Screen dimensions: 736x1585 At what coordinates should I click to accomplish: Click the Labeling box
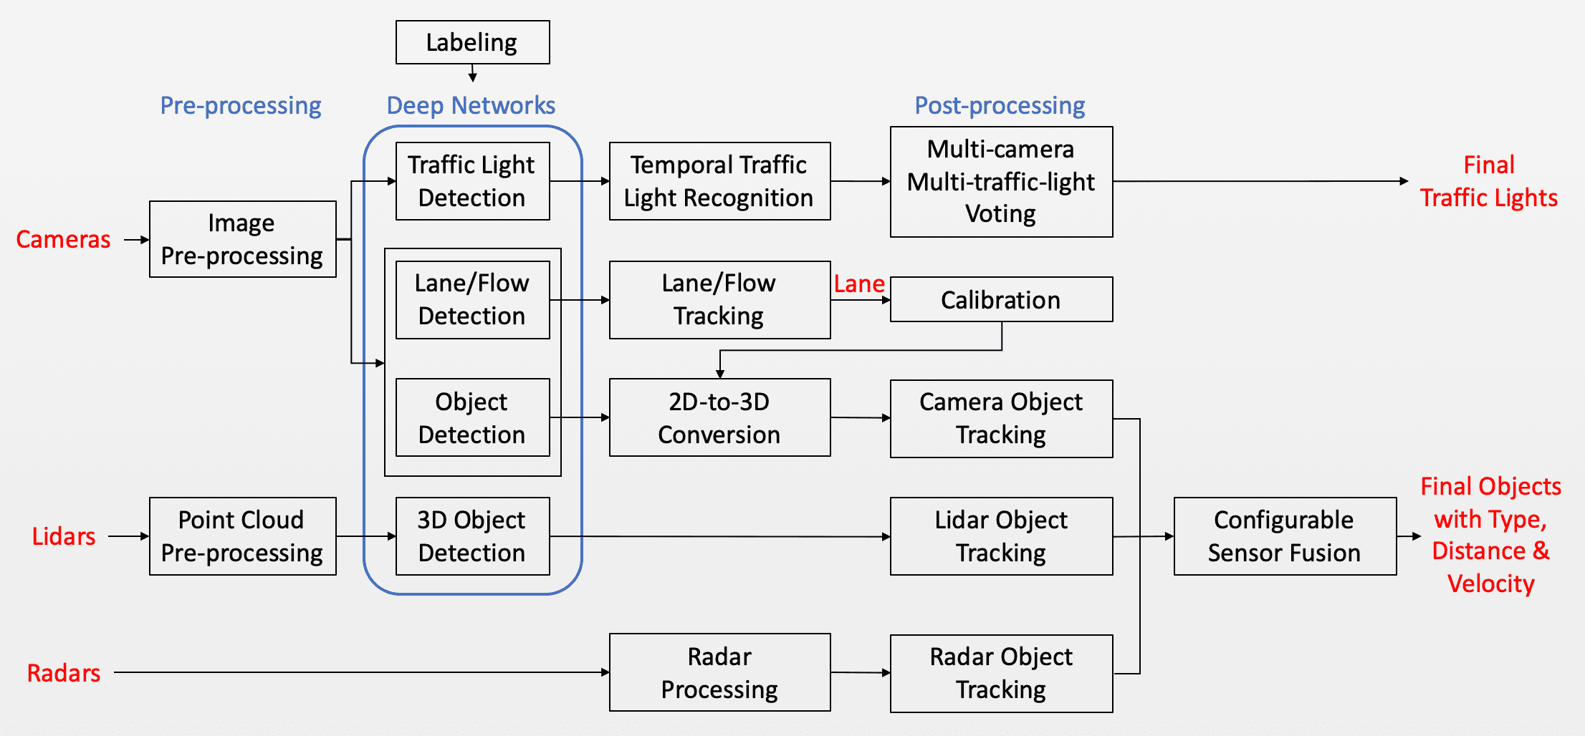[472, 42]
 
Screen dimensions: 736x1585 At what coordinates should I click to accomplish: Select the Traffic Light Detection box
[472, 181]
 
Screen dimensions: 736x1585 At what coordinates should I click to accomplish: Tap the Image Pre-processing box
[242, 239]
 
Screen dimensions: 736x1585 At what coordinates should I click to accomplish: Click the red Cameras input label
[63, 239]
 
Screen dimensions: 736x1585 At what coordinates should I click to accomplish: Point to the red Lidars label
[64, 536]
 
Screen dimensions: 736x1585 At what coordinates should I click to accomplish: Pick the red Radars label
[64, 673]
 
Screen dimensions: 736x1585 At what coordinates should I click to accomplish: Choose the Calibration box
[1001, 300]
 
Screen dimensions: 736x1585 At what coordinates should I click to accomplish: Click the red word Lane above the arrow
[858, 284]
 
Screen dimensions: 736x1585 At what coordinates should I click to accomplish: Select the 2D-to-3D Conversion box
[719, 417]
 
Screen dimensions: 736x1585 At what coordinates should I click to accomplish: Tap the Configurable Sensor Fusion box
[1285, 536]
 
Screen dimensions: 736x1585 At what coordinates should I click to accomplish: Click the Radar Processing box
[719, 672]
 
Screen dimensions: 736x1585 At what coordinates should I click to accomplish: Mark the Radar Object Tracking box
[1001, 673]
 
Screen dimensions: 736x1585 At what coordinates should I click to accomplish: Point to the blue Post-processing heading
[1000, 105]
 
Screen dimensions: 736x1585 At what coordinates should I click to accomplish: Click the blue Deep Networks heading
[471, 105]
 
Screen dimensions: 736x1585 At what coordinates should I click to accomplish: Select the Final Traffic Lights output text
[1488, 181]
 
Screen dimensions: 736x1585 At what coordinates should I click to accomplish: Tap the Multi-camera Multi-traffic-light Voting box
[1001, 182]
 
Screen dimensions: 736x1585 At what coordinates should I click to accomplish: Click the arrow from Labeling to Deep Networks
[472, 73]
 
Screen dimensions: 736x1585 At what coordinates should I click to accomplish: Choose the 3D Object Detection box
[472, 536]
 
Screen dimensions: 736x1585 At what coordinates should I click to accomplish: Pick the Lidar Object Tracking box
[1001, 536]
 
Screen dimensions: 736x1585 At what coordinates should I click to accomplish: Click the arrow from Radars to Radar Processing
[358, 672]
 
